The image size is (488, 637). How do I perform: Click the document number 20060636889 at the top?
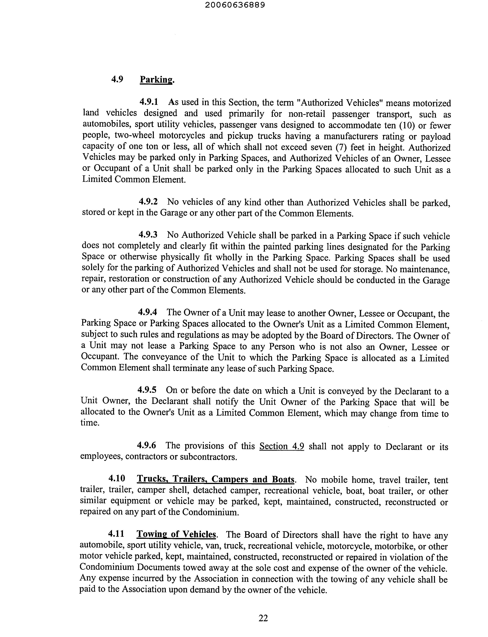[235, 5]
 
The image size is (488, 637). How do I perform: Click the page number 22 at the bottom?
[263, 618]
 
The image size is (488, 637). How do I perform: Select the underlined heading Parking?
[156, 79]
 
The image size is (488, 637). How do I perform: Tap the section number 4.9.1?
[149, 102]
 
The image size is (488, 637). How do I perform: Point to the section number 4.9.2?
[148, 202]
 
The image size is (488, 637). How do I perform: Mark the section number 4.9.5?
[147, 390]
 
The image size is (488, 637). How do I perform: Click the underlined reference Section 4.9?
[282, 446]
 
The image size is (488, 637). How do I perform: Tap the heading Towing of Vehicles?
[176, 534]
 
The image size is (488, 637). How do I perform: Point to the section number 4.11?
[116, 533]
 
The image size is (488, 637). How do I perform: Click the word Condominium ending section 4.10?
[210, 512]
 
